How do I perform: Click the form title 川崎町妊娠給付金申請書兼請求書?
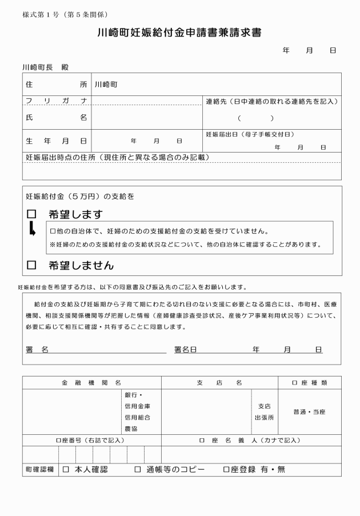coord(179,33)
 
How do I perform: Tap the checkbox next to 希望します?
coord(31,214)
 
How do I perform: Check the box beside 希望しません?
coord(31,265)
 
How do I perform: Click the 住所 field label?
coord(56,85)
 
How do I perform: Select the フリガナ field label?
coord(56,101)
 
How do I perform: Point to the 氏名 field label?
coord(56,118)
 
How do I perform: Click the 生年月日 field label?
coord(56,140)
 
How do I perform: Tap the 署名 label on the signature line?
coord(37,349)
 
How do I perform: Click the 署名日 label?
coord(185,349)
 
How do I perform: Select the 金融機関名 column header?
coord(91,382)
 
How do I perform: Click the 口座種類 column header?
coord(310,382)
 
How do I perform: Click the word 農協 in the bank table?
coord(131,428)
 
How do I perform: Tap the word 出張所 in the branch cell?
coord(264,417)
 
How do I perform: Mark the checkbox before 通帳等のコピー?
coord(137,469)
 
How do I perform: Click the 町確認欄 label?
coord(39,469)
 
